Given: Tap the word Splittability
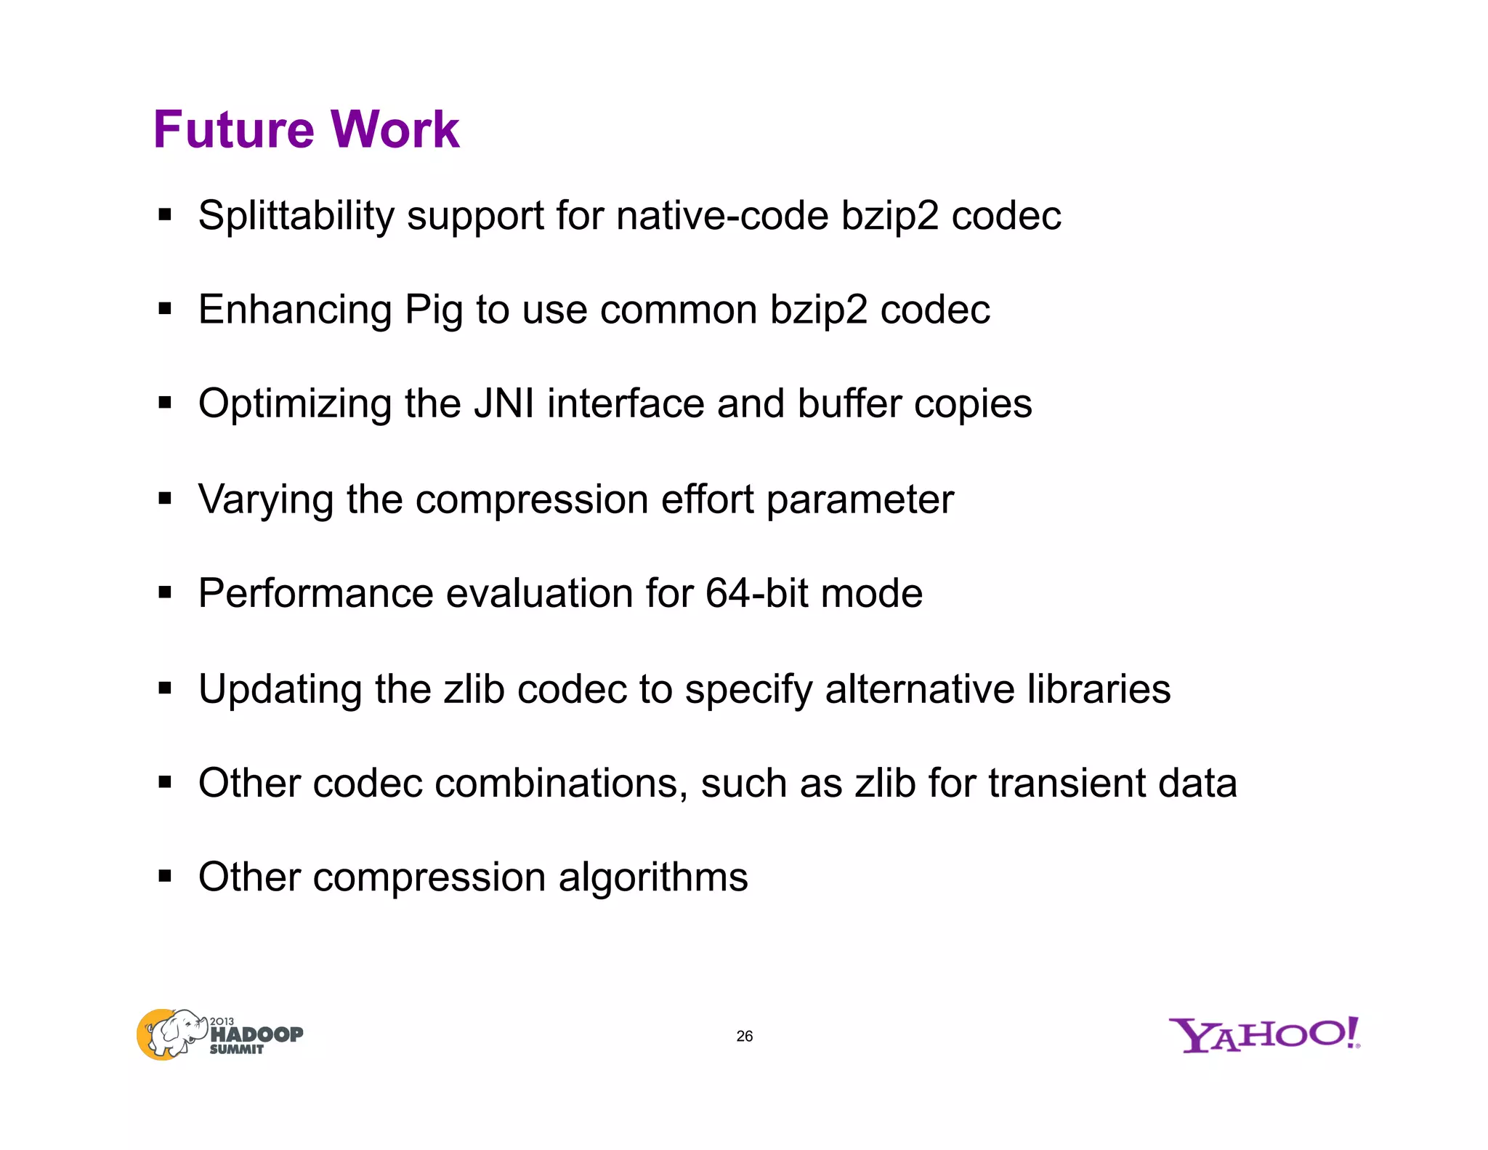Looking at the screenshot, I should click(x=296, y=216).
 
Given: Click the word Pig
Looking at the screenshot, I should click(x=434, y=311).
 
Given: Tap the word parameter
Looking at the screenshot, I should click(x=860, y=500).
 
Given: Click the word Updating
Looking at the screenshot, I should click(x=280, y=689).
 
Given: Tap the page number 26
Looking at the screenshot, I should click(x=745, y=1036).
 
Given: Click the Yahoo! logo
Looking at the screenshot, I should click(x=1264, y=1035).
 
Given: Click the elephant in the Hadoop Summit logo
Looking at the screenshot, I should click(x=173, y=1033).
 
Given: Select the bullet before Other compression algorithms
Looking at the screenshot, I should click(x=165, y=876).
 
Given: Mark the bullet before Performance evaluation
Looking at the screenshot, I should click(x=165, y=592).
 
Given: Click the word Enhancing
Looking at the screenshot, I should click(x=295, y=311).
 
